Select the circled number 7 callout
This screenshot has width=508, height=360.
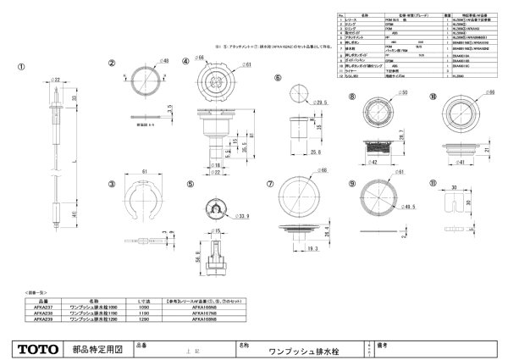tap(270, 183)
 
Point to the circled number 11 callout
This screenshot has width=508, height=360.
tap(433, 184)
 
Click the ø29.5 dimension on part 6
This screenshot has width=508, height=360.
tap(323, 103)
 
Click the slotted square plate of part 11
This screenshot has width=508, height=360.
tap(458, 207)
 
